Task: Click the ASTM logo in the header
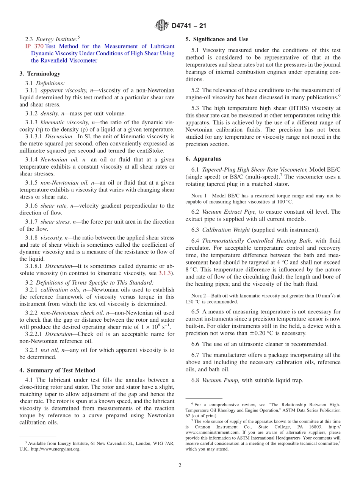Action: click(x=162, y=26)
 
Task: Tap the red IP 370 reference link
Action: click(x=34, y=46)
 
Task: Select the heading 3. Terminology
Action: click(x=40, y=74)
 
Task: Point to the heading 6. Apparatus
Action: click(x=203, y=159)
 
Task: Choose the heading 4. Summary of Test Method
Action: click(x=57, y=370)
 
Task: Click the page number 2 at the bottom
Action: click(x=180, y=466)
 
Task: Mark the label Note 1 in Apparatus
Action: click(x=197, y=196)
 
